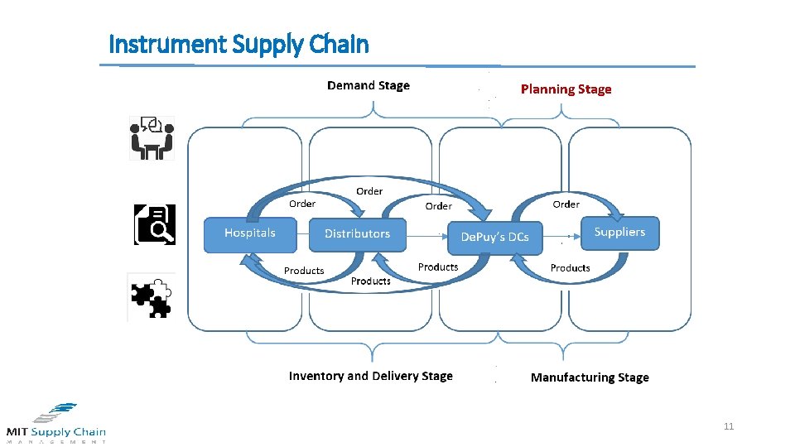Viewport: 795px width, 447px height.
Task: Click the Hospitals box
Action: click(250, 233)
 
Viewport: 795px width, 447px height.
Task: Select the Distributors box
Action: click(357, 234)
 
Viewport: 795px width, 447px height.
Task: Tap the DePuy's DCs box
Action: click(494, 237)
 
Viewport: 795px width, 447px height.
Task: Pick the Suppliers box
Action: click(619, 233)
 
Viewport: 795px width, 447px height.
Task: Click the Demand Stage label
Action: click(369, 85)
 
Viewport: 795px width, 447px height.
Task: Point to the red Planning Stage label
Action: click(566, 89)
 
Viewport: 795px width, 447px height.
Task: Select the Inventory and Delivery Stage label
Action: click(370, 376)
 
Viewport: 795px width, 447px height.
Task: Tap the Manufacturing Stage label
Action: click(590, 377)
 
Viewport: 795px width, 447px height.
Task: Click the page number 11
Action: click(729, 427)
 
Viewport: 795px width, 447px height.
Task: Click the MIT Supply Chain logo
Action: click(56, 423)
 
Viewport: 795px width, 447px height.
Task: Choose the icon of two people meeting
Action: click(152, 137)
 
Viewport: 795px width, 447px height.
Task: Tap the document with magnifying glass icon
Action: click(155, 224)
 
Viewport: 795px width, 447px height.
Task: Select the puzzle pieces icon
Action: click(152, 297)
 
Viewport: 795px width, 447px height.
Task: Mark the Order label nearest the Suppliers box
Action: click(566, 204)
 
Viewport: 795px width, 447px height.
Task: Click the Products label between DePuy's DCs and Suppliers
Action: click(570, 268)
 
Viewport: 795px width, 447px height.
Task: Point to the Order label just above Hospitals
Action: click(302, 204)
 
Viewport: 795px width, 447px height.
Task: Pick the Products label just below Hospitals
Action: click(304, 271)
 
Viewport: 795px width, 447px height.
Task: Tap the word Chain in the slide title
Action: click(340, 44)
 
